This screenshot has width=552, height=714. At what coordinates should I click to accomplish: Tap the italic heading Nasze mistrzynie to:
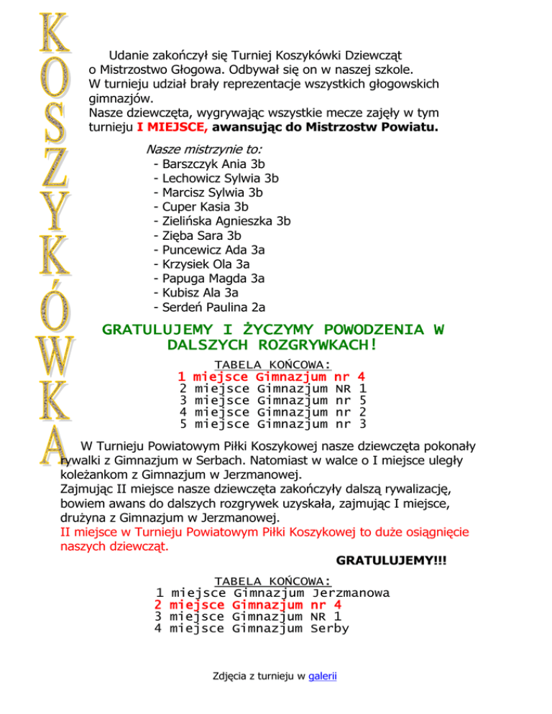point(203,149)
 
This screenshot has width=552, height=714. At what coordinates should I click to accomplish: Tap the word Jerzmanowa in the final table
point(351,593)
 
